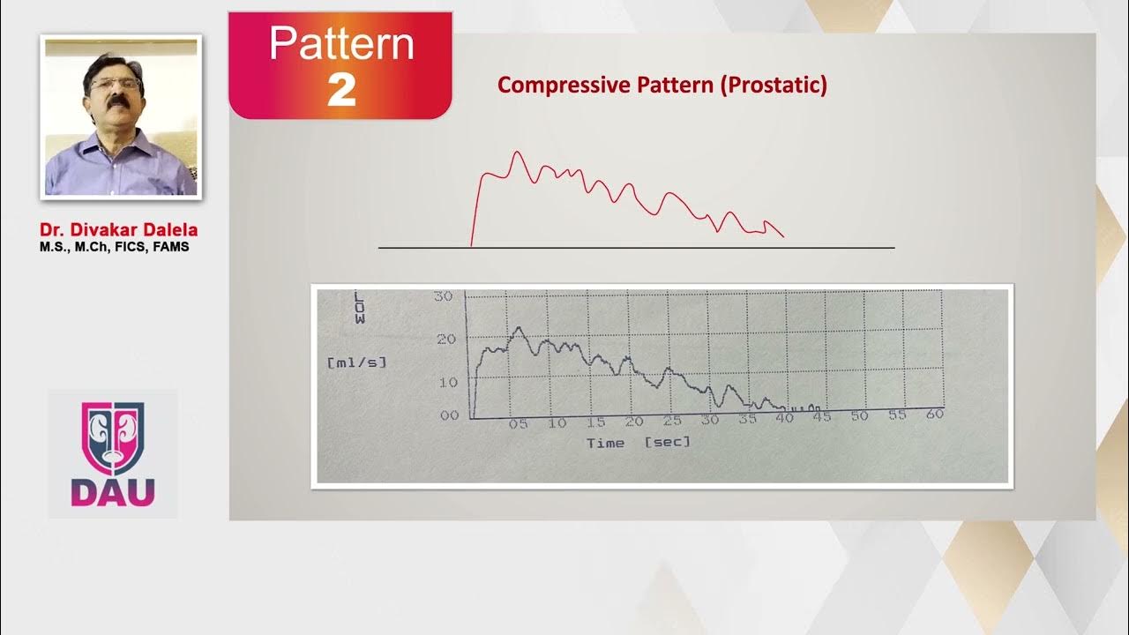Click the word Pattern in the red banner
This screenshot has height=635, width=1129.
coord(341,44)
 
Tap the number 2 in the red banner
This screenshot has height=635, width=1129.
coord(341,90)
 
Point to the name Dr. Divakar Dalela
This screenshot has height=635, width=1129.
coord(118,230)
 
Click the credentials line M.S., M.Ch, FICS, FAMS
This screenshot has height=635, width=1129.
coord(114,247)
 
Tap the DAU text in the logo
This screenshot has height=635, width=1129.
coord(113,492)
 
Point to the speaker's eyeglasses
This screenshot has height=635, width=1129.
coord(116,84)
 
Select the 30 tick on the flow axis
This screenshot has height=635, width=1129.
coord(444,295)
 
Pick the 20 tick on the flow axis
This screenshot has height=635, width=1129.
coord(446,339)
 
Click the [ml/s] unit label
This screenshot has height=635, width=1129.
coord(356,362)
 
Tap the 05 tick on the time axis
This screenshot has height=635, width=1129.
coord(518,424)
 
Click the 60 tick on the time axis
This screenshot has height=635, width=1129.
coord(935,413)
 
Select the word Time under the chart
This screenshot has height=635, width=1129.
coord(605,443)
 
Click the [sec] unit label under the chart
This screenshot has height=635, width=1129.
coord(667,441)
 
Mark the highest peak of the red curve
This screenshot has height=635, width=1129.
coord(517,153)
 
